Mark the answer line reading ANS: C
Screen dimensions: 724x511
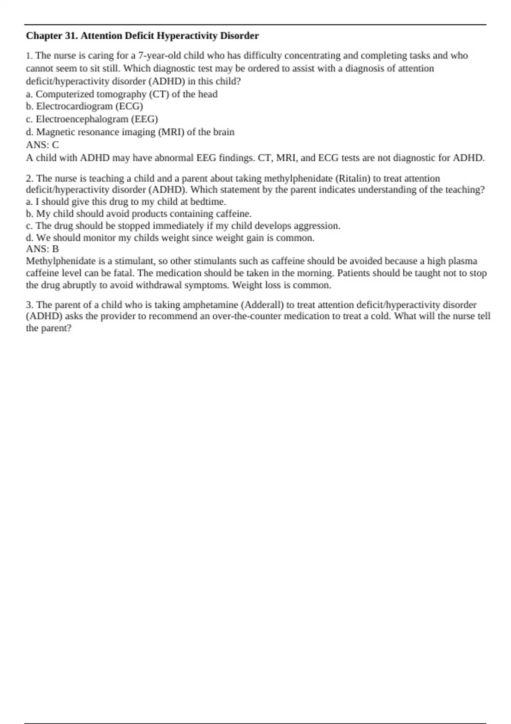43,145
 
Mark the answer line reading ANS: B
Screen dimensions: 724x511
43,249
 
